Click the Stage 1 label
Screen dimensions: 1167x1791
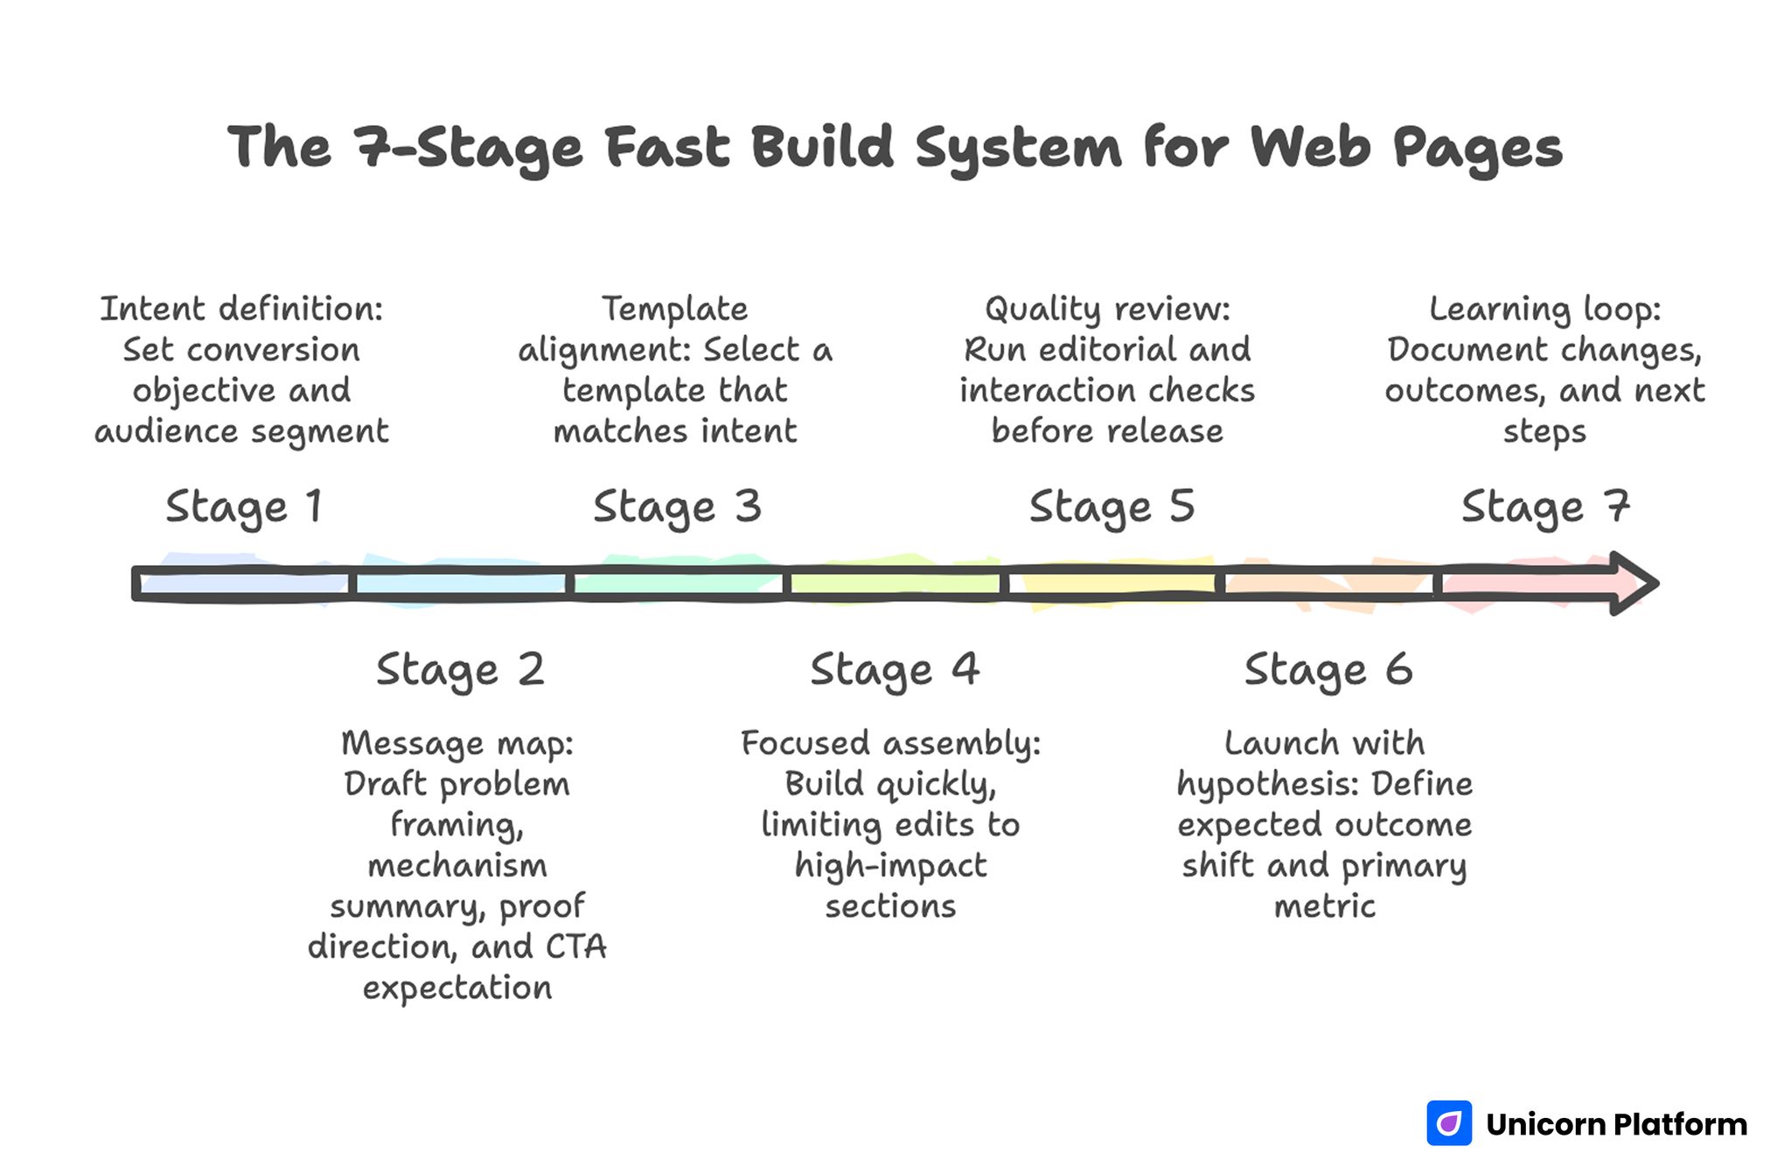click(x=244, y=507)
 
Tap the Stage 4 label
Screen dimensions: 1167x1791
click(x=894, y=671)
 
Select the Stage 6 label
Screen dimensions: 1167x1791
click(x=1328, y=671)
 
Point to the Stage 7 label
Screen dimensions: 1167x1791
click(x=1544, y=507)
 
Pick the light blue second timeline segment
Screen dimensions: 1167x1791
click(x=460, y=583)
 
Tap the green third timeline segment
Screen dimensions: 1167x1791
click(x=677, y=583)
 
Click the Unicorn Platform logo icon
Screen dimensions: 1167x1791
click(x=1448, y=1123)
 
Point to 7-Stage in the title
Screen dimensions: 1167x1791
click(x=467, y=147)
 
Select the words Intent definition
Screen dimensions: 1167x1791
click(x=241, y=309)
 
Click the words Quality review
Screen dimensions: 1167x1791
click(x=1106, y=309)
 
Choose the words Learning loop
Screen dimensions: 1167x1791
click(x=1544, y=309)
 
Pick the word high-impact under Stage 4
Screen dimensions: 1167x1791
click(x=890, y=866)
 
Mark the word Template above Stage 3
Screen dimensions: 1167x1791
click(x=674, y=309)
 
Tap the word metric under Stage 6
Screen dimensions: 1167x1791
click(x=1324, y=906)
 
